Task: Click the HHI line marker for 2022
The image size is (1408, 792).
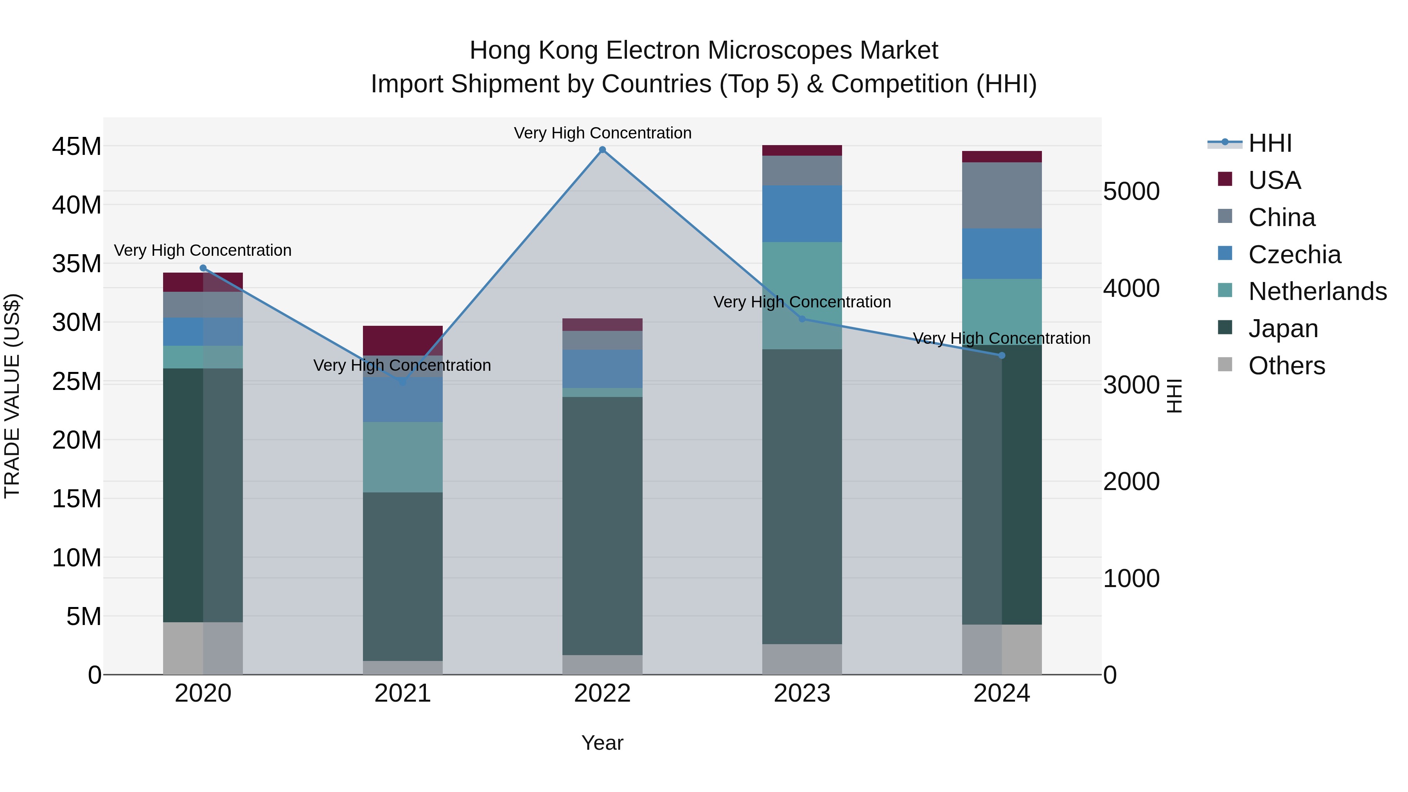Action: [x=602, y=150]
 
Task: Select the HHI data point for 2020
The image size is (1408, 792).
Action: [x=203, y=268]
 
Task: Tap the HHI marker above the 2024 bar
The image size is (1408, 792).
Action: [x=1001, y=355]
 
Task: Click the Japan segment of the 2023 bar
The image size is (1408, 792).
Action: [x=802, y=496]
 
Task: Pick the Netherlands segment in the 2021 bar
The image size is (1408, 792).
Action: [x=403, y=457]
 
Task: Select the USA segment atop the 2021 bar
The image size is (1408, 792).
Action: [x=403, y=340]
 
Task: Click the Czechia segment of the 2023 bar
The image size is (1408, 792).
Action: [x=802, y=213]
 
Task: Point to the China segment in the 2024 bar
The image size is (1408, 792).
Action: [x=1001, y=195]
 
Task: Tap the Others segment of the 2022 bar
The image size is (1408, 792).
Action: [x=602, y=664]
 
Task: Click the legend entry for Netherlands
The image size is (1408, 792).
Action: [x=1317, y=291]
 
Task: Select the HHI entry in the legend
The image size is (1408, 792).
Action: [x=1270, y=143]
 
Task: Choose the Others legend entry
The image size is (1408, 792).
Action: [x=1286, y=366]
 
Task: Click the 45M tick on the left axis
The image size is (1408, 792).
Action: [x=77, y=147]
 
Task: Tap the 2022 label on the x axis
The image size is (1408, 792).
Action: [x=602, y=693]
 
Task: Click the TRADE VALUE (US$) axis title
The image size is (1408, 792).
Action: [x=12, y=396]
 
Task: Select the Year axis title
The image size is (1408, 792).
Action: [x=602, y=743]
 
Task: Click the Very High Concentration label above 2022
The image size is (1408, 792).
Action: [x=602, y=133]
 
